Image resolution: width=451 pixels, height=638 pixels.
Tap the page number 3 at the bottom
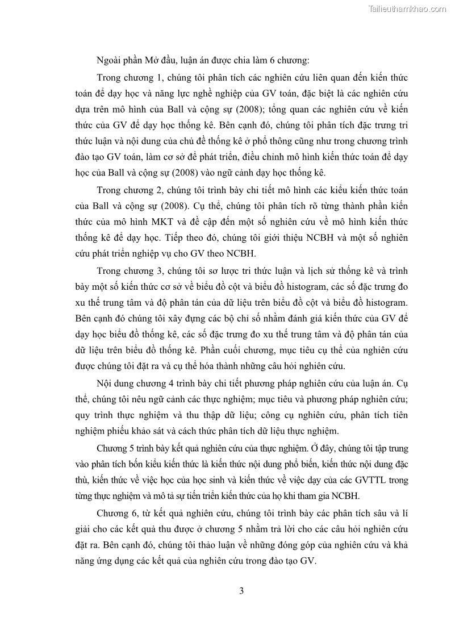241,591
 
